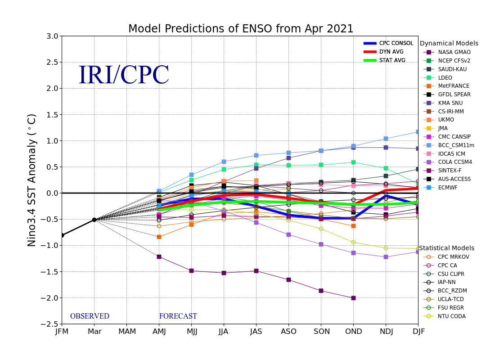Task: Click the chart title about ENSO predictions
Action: (x=241, y=29)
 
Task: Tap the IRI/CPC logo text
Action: (x=124, y=75)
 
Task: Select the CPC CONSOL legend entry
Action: (x=388, y=43)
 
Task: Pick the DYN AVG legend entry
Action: (x=383, y=52)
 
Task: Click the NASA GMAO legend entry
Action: (x=447, y=52)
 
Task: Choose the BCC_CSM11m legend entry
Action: (x=449, y=145)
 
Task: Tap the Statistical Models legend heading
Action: (x=446, y=248)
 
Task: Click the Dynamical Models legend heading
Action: (x=449, y=43)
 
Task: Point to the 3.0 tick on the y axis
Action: (x=52, y=36)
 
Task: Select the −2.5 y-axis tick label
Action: (x=49, y=324)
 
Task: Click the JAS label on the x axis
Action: (x=256, y=331)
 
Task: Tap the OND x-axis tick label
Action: (x=353, y=331)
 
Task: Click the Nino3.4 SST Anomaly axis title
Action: (x=31, y=180)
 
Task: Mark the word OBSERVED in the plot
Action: (x=90, y=316)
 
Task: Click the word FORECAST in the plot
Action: (x=178, y=316)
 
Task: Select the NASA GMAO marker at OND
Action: (x=353, y=298)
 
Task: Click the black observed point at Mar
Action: (x=94, y=220)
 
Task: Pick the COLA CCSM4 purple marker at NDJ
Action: (x=386, y=257)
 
